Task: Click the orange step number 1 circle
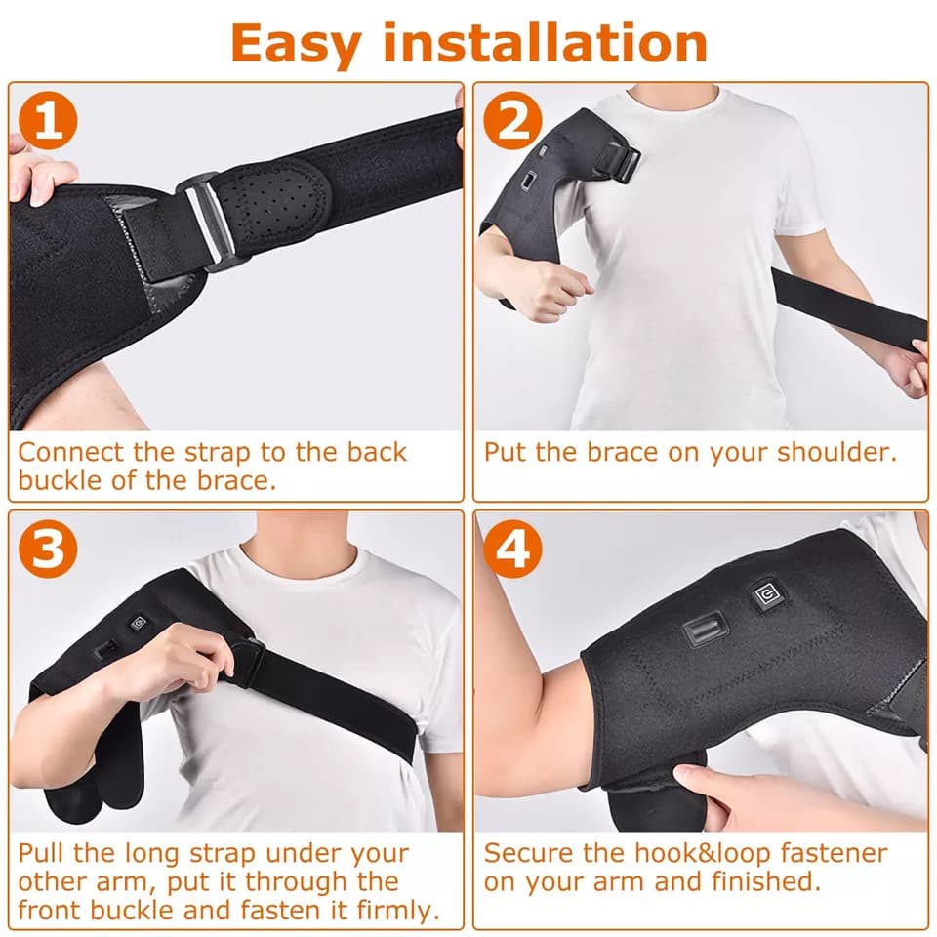[46, 125]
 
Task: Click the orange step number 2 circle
[511, 125]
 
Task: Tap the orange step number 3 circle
[46, 550]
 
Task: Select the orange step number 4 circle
[511, 550]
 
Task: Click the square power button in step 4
[764, 597]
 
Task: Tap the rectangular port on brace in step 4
[706, 629]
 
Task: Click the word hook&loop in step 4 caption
[698, 851]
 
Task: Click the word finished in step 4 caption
[757, 881]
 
